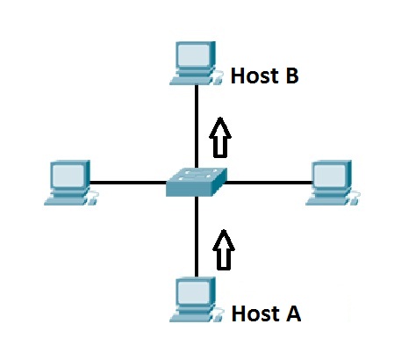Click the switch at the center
(197, 182)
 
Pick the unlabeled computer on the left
(69, 182)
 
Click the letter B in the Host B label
(290, 76)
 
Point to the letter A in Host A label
(292, 313)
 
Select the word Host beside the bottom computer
(253, 313)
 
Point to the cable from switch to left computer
(127, 183)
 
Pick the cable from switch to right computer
(268, 183)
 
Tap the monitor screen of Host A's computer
(194, 292)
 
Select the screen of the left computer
(66, 175)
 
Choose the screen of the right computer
(332, 175)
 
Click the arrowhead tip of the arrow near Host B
(221, 120)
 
